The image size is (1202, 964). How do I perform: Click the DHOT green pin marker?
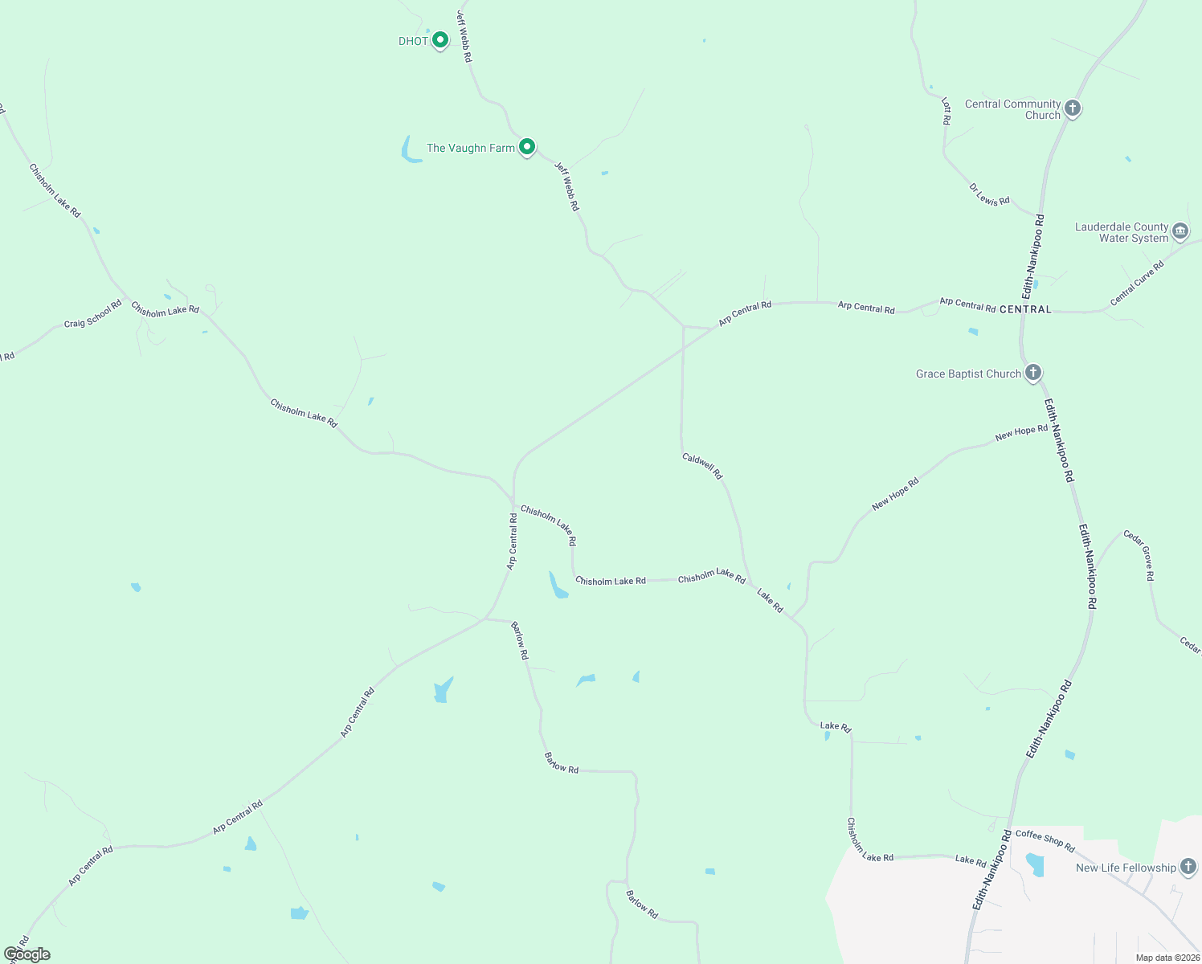click(440, 39)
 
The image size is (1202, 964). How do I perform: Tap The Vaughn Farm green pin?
click(526, 147)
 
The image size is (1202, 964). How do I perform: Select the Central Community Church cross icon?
click(1072, 108)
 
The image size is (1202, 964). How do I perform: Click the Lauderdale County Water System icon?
click(1180, 231)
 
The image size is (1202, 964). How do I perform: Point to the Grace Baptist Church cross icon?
click(1033, 373)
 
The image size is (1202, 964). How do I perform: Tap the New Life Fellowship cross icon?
click(1188, 868)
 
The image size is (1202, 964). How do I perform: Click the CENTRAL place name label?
click(1025, 309)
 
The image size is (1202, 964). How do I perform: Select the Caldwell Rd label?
click(702, 466)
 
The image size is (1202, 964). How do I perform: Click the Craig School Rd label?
click(92, 313)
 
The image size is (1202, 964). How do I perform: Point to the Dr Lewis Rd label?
click(989, 194)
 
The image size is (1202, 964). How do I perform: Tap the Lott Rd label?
click(946, 111)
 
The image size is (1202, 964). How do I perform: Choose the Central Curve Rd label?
click(1137, 284)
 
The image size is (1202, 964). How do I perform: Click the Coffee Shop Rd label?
click(1045, 840)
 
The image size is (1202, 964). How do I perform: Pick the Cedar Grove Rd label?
click(1139, 554)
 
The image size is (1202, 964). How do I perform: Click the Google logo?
click(27, 954)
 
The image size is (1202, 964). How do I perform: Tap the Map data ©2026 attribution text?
click(1167, 958)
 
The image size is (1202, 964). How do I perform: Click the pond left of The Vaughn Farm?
click(411, 150)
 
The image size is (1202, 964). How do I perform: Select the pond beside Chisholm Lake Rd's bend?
click(557, 586)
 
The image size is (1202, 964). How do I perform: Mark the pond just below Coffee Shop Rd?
click(1035, 864)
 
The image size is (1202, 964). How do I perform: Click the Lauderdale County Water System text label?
click(1122, 232)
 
